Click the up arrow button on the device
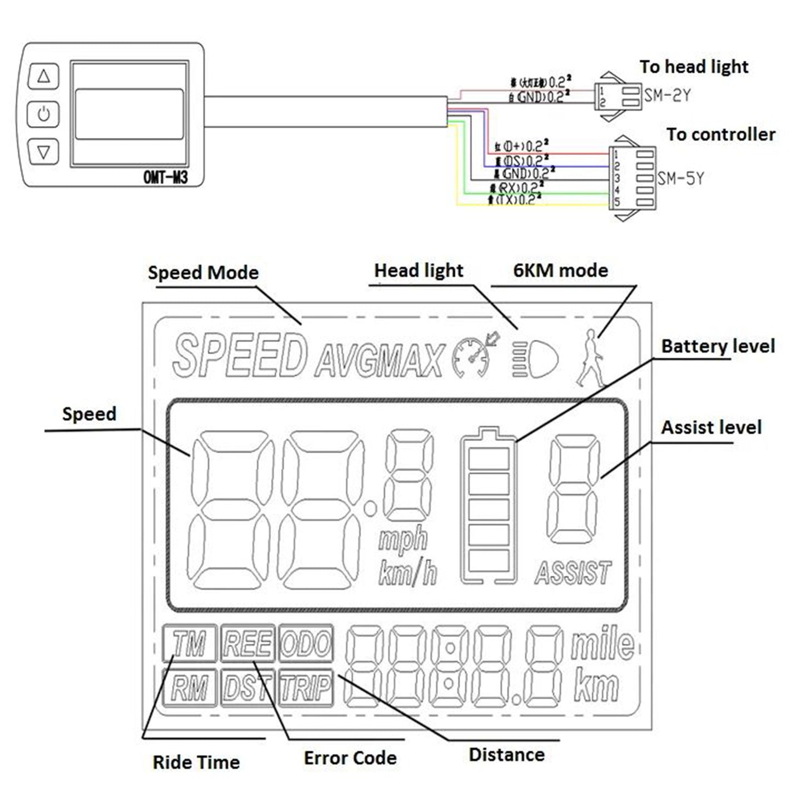coord(44,77)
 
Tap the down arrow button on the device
coord(44,151)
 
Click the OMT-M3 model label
coord(165,177)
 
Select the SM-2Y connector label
coord(667,96)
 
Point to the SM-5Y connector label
coord(681,178)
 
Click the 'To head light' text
coord(694,67)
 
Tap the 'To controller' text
coord(721,134)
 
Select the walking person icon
coord(590,358)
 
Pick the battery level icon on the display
coord(489,506)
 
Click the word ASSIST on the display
coord(572,573)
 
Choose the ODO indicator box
coord(306,643)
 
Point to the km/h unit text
coord(408,574)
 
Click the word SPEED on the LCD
coord(239,355)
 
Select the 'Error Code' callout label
coord(350,758)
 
